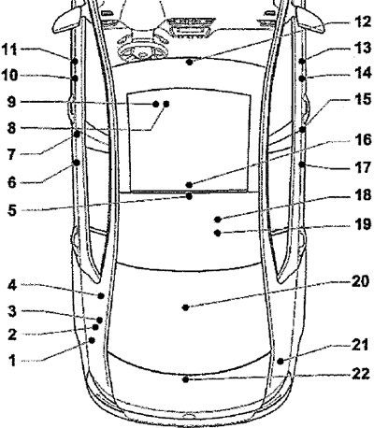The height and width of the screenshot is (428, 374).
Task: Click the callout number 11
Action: click(x=9, y=50)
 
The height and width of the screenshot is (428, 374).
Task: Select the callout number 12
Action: click(x=364, y=22)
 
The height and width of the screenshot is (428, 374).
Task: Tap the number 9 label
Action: click(x=11, y=102)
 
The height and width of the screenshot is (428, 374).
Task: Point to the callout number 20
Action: click(x=361, y=281)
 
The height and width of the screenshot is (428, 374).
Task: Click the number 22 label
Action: click(x=361, y=374)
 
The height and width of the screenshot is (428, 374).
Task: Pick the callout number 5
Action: click(x=12, y=210)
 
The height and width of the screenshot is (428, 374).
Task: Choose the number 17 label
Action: click(x=363, y=168)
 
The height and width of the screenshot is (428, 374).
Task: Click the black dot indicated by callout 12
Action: click(x=190, y=62)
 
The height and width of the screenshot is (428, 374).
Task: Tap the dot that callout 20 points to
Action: click(x=185, y=307)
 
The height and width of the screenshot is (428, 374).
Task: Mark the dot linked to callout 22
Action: click(x=186, y=379)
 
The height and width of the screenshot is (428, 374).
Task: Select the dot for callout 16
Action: click(x=189, y=185)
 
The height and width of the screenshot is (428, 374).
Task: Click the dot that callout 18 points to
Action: click(x=218, y=220)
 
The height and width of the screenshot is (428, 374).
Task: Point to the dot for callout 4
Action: click(x=101, y=296)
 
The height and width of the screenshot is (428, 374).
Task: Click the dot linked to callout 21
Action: click(x=280, y=362)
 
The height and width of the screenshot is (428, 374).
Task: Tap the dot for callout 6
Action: click(x=77, y=163)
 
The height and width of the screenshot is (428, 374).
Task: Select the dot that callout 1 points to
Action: click(x=92, y=340)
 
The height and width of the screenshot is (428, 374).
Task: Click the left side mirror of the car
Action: click(x=67, y=21)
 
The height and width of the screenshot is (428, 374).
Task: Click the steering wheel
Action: click(x=142, y=50)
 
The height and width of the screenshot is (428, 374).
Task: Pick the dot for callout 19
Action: click(x=218, y=233)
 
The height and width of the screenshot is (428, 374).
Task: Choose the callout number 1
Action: click(x=12, y=361)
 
